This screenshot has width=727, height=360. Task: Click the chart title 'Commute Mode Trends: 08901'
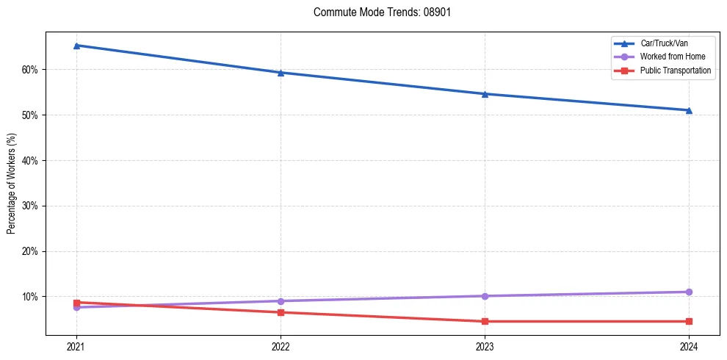377,12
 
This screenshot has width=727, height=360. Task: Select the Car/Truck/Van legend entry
664,43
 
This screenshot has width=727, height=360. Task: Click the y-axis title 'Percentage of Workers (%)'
12,183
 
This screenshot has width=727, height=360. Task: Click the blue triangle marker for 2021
76,46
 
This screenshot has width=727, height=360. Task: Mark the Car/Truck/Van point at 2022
281,73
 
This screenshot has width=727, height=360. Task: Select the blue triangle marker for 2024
689,110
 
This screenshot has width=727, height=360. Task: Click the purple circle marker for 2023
485,296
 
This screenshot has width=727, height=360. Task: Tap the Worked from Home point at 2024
689,292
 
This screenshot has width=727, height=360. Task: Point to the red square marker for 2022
281,312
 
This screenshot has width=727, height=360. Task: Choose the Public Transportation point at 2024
689,321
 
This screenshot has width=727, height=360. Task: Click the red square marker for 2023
485,321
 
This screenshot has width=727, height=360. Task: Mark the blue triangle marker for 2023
485,94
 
